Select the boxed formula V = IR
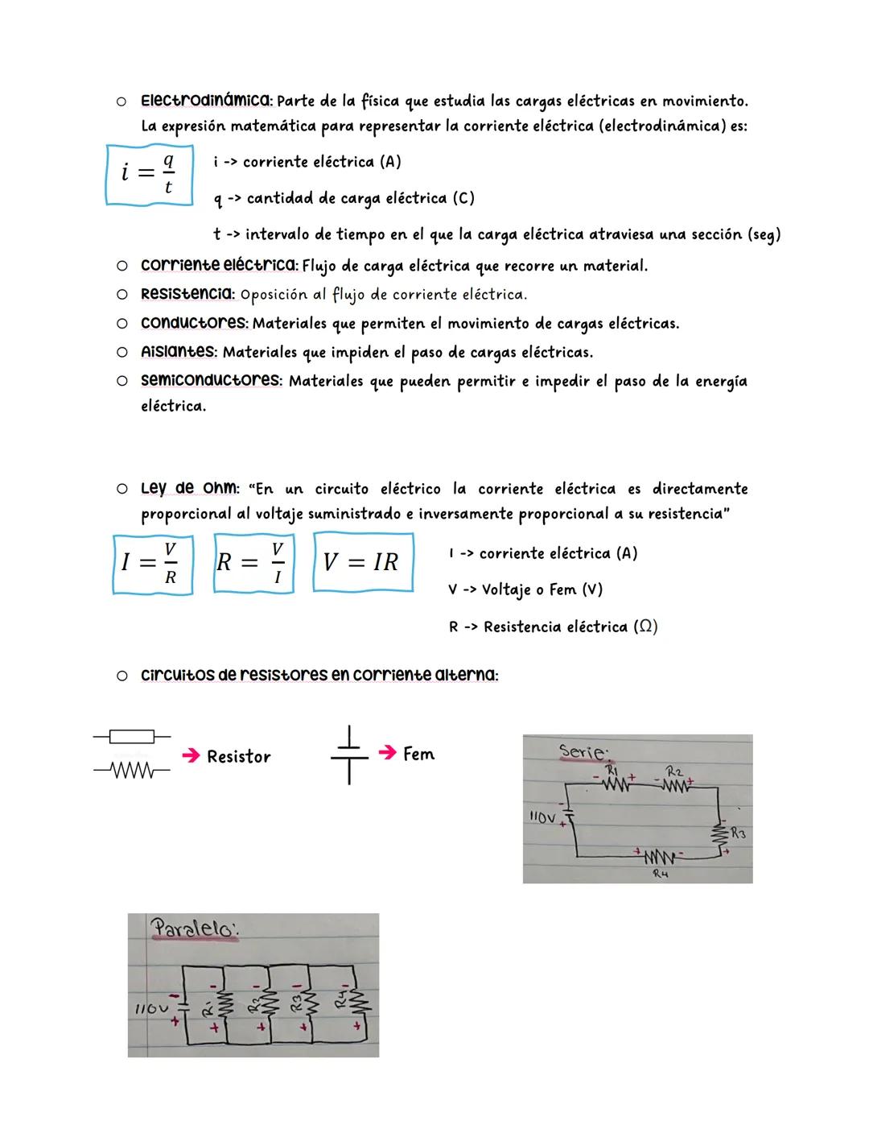pyautogui.click(x=362, y=562)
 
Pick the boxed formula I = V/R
pyautogui.click(x=152, y=565)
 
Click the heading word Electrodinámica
pyautogui.click(x=206, y=101)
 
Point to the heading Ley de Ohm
pyautogui.click(x=189, y=489)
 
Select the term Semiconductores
pyautogui.click(x=211, y=380)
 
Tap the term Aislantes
pyautogui.click(x=178, y=352)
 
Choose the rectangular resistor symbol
pyautogui.click(x=130, y=735)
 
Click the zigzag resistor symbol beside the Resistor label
pyautogui.click(x=130, y=771)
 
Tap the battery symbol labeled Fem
pyautogui.click(x=349, y=755)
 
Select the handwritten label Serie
pyautogui.click(x=584, y=751)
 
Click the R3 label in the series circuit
pyautogui.click(x=737, y=834)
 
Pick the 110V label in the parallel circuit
pyautogui.click(x=150, y=1008)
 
